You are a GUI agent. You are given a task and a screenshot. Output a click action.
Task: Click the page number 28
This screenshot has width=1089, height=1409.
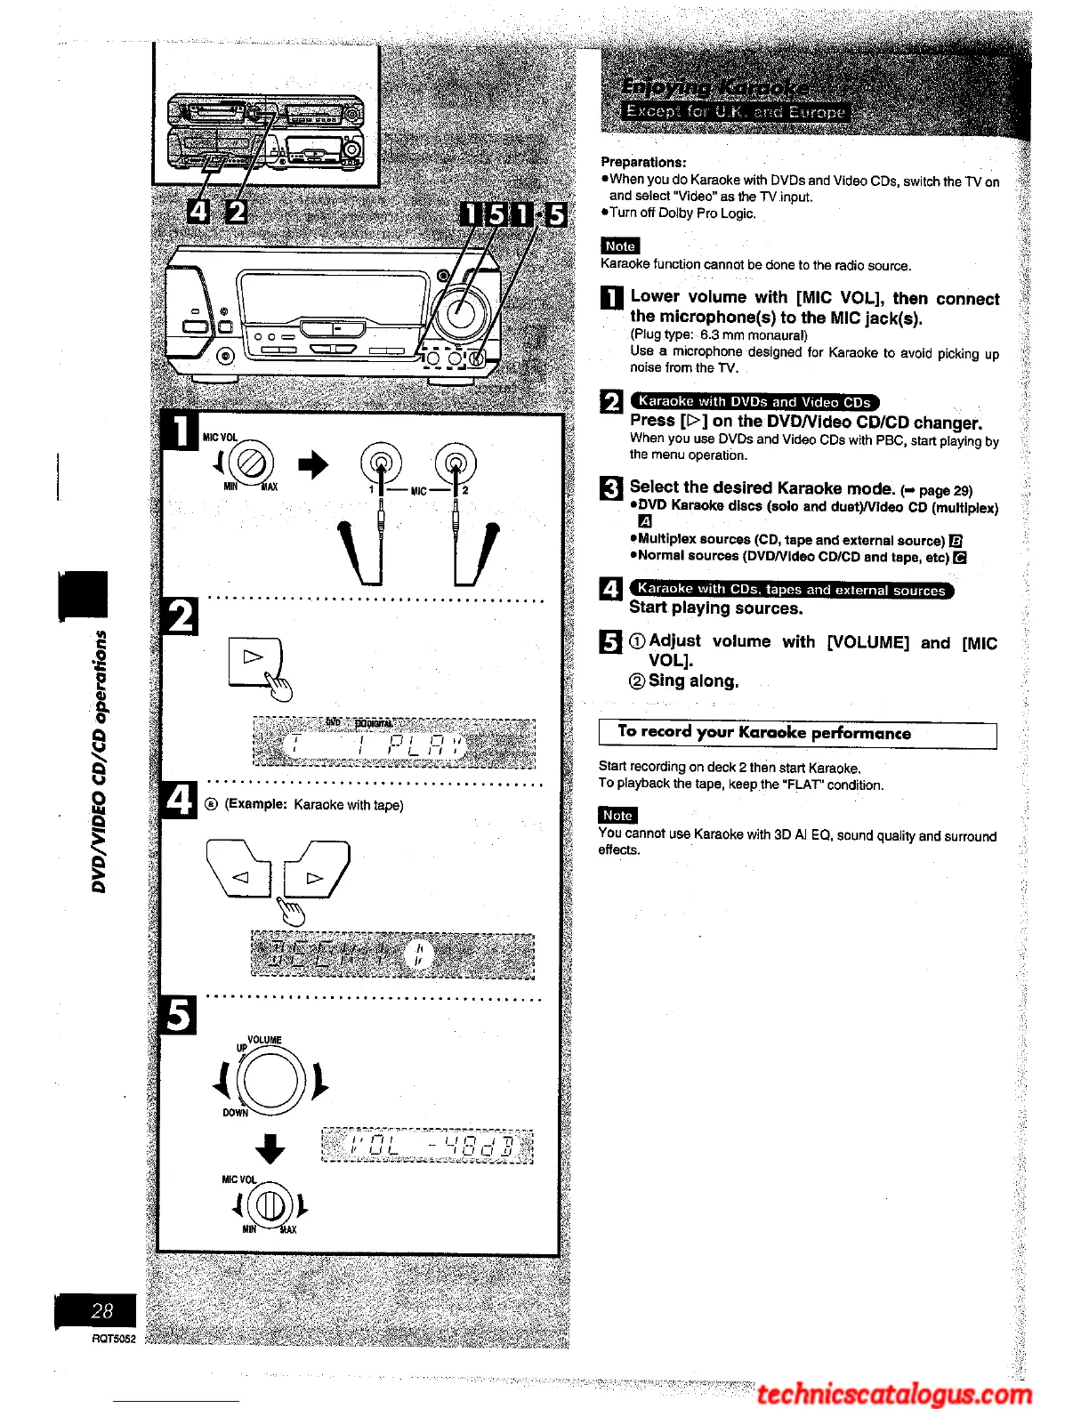pyautogui.click(x=101, y=1310)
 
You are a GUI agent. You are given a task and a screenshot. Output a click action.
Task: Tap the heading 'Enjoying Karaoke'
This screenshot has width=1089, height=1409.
pyautogui.click(x=715, y=87)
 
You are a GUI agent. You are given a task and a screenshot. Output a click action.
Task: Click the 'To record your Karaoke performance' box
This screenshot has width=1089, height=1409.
pyautogui.click(x=797, y=734)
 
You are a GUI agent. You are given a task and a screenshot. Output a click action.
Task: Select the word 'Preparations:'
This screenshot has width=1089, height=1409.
pyautogui.click(x=643, y=162)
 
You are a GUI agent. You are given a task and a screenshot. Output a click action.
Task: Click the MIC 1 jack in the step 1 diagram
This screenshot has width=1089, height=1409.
pyautogui.click(x=381, y=462)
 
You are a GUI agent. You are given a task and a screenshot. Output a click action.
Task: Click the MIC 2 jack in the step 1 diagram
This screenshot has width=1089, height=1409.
pyautogui.click(x=456, y=462)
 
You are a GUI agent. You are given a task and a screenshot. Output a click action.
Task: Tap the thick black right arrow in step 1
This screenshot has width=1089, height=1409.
pyautogui.click(x=312, y=463)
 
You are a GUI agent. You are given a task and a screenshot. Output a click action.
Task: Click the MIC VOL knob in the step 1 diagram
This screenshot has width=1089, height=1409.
pyautogui.click(x=252, y=463)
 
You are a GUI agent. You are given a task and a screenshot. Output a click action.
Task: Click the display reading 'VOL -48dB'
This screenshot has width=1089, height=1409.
pyautogui.click(x=427, y=1145)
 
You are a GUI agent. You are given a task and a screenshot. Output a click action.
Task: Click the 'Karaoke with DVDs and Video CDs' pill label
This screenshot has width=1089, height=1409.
pyautogui.click(x=754, y=402)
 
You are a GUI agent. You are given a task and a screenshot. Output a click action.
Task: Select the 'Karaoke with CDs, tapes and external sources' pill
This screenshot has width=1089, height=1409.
pyautogui.click(x=791, y=590)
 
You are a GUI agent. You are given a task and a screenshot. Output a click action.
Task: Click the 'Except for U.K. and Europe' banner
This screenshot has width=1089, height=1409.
pyautogui.click(x=735, y=112)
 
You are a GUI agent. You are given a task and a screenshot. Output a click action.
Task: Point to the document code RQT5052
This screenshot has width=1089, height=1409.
pyautogui.click(x=114, y=1339)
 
